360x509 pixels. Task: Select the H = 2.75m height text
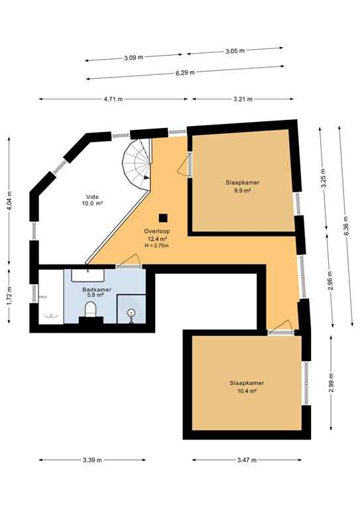click(157, 246)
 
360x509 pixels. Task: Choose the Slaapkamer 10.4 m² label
click(247, 386)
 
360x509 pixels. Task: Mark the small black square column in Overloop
click(162, 218)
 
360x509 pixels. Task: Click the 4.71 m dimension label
click(113, 99)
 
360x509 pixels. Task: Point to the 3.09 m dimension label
click(133, 58)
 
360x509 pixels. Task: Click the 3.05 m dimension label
click(235, 50)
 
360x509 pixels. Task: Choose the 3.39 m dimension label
click(93, 460)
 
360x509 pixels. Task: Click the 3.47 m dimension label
click(246, 460)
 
